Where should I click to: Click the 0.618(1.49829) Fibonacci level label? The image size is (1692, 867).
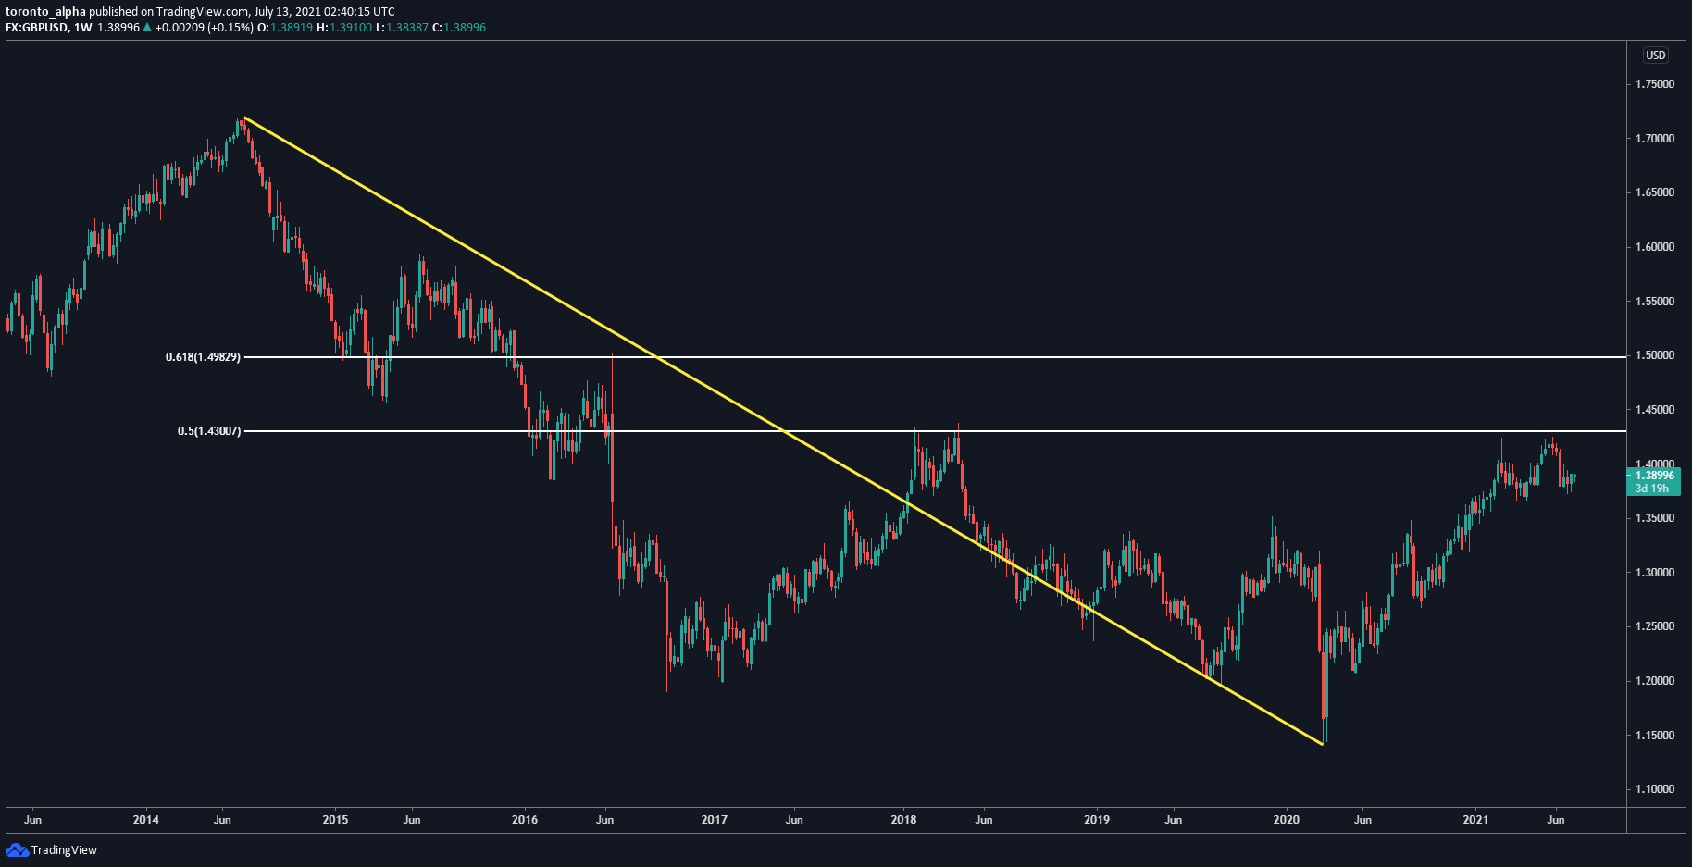[x=203, y=357]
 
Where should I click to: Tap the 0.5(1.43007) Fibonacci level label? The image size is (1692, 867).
[x=209, y=431]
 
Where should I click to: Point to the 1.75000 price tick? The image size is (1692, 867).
[x=1655, y=84]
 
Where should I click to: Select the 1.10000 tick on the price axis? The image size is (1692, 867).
[x=1655, y=789]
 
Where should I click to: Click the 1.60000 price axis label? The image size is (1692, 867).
[x=1655, y=247]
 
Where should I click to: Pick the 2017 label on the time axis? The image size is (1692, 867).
[x=714, y=820]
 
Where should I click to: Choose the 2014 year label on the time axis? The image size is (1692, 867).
[x=145, y=820]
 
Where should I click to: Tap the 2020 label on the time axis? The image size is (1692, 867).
[x=1286, y=820]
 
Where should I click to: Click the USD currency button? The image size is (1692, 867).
[x=1655, y=56]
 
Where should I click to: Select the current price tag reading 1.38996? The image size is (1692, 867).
[x=1653, y=476]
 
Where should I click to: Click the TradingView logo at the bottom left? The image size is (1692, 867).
[x=52, y=849]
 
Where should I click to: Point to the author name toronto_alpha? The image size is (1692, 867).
[x=45, y=12]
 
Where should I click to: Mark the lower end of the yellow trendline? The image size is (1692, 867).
[x=1322, y=744]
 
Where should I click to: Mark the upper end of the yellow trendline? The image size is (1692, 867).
[x=244, y=118]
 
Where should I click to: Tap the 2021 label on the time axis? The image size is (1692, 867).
[x=1474, y=820]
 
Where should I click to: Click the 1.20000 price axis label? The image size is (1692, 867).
[x=1655, y=681]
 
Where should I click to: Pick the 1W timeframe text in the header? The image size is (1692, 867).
[x=83, y=28]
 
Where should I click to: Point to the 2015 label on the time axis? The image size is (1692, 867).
[x=335, y=820]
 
